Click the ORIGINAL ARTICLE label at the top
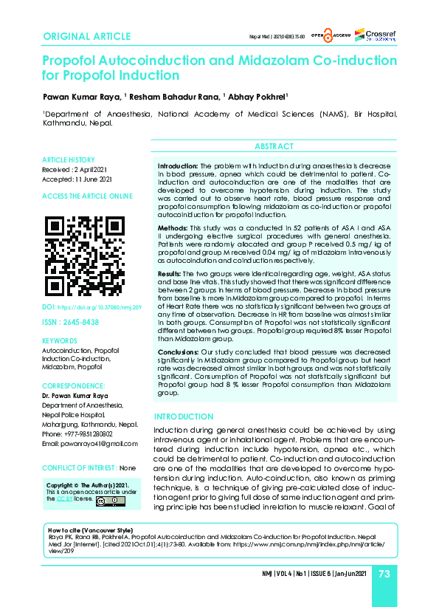click(x=87, y=37)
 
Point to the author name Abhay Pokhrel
click(x=260, y=95)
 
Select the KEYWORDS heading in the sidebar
click(x=60, y=341)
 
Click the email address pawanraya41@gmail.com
click(x=89, y=443)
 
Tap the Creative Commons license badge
click(x=104, y=500)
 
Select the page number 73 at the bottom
click(x=384, y=575)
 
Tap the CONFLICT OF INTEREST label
click(x=79, y=468)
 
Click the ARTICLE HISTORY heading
click(x=69, y=160)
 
